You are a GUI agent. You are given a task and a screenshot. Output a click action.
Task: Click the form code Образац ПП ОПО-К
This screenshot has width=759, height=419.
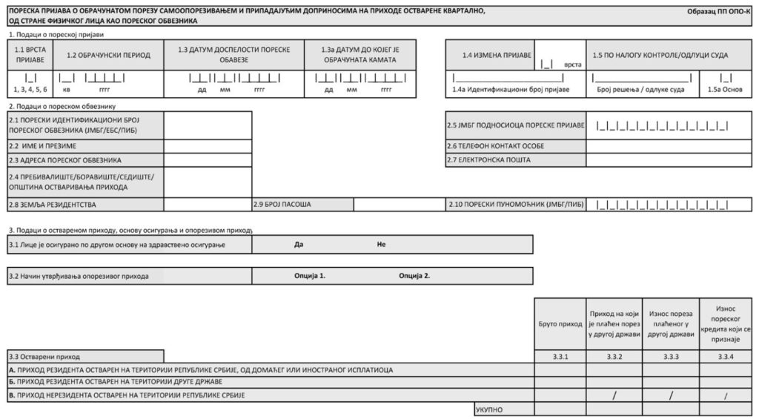(719, 13)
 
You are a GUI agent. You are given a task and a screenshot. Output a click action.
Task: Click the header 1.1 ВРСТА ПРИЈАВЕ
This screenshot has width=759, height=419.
(30, 55)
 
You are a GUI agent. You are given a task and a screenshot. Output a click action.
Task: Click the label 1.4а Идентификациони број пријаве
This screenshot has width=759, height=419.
(511, 90)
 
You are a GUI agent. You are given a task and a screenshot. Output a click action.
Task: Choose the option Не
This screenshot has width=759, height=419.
(381, 244)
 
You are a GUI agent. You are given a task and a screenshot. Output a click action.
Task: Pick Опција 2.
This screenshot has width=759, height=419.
(414, 276)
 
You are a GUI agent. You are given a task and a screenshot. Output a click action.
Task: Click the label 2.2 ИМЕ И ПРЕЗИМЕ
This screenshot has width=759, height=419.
(42, 145)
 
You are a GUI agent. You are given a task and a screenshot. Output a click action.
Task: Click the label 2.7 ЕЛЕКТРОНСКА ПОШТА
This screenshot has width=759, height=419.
(488, 159)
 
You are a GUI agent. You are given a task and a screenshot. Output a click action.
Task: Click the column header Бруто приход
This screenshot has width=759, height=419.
(560, 324)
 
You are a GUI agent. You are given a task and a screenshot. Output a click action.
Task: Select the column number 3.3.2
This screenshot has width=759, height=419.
(614, 357)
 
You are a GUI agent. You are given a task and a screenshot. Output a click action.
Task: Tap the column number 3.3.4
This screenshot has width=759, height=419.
(726, 357)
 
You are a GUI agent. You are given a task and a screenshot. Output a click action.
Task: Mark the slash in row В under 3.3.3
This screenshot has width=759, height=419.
(670, 395)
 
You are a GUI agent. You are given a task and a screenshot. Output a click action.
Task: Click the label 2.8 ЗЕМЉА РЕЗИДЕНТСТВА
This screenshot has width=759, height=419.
(53, 204)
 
